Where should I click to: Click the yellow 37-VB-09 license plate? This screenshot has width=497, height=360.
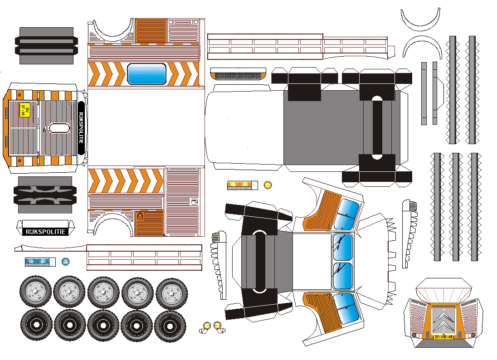443,337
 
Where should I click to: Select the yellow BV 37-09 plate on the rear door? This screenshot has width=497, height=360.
25,110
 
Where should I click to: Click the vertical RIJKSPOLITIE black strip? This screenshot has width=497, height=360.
81,128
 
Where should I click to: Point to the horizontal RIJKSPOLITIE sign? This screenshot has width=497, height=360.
45,232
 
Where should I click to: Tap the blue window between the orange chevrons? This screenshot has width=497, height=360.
146,74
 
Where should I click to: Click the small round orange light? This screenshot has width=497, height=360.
268,185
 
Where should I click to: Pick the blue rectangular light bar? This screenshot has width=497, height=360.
37,262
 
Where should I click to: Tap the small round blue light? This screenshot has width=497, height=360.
65,262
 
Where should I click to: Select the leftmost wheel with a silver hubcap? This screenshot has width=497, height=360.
35,291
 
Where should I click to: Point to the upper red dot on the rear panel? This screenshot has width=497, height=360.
19,95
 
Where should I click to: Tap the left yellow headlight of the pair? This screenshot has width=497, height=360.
207,325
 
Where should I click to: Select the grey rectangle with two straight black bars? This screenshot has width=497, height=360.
46,45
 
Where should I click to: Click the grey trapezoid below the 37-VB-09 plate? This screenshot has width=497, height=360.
443,344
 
